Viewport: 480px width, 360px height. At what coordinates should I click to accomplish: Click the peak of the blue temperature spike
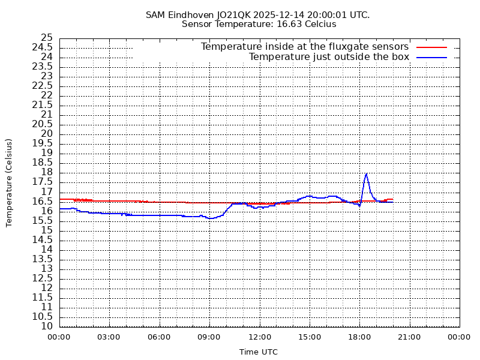[x=366, y=174]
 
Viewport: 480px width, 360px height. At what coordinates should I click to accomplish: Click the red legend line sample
[x=432, y=47]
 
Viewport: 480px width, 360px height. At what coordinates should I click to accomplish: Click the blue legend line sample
[x=432, y=57]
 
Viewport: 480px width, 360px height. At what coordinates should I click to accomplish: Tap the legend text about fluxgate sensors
[x=304, y=47]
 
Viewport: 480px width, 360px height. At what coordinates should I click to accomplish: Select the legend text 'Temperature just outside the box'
[x=329, y=57]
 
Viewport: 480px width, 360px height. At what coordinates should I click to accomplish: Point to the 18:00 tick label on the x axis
[x=359, y=337]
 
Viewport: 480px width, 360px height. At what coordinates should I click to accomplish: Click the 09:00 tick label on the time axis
[x=209, y=337]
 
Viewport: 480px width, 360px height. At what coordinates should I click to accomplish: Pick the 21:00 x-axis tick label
[x=409, y=337]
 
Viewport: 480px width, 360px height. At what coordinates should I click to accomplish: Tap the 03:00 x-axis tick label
[x=109, y=337]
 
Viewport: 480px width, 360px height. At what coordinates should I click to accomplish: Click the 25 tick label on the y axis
[x=46, y=38]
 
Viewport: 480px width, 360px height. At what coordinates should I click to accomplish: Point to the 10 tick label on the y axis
[x=46, y=326]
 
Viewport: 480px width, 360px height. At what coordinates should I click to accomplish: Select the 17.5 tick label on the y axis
[x=42, y=182]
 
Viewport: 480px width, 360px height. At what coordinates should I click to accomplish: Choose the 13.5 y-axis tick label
[x=42, y=259]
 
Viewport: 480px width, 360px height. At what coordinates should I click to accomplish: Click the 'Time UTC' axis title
[x=259, y=352]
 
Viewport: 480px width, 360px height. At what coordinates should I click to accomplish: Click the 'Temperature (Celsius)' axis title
[x=9, y=182]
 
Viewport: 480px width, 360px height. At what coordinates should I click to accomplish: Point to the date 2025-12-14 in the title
[x=281, y=15]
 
